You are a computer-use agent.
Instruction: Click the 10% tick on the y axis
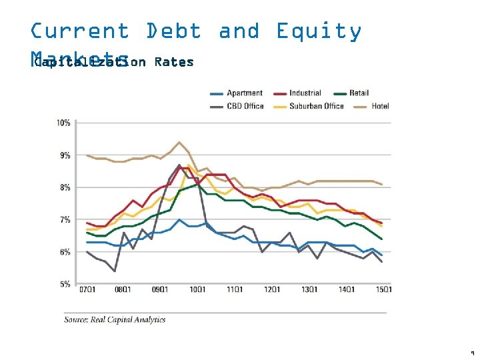64,123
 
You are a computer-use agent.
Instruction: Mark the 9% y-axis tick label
65,155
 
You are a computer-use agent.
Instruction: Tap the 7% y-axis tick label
65,220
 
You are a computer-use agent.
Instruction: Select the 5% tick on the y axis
65,285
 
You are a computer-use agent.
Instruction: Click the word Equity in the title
319,31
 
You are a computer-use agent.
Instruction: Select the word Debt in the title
173,31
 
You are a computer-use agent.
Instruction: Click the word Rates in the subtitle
173,62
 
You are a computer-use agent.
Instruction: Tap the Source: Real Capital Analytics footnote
115,320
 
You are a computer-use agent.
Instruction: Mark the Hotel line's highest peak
179,142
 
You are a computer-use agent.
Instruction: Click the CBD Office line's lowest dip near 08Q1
115,271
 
